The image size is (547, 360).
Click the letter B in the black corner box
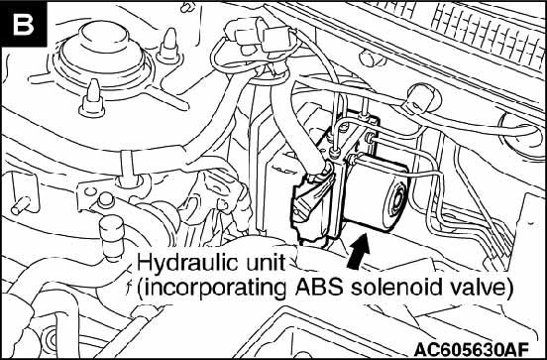[x=23, y=24]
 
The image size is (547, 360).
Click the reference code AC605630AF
[x=472, y=348]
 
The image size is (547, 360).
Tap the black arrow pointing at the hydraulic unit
[x=359, y=251]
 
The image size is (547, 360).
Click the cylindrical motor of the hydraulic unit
[x=375, y=192]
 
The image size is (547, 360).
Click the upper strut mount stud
[x=169, y=46]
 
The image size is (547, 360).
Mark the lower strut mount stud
[x=92, y=98]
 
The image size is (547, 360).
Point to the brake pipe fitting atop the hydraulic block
[x=335, y=154]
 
